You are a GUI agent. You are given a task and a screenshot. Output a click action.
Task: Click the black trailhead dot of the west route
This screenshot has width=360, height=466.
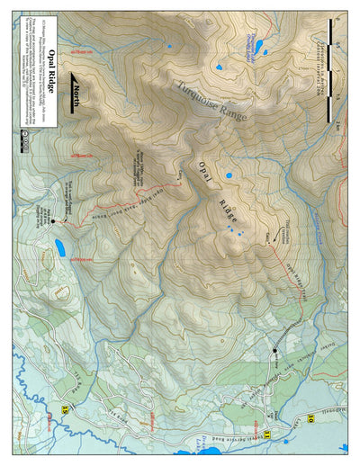53,220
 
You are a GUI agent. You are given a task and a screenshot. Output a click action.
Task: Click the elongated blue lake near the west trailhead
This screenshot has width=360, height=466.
60,246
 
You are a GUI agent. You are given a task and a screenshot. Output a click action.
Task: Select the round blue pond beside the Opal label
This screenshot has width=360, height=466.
229,175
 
